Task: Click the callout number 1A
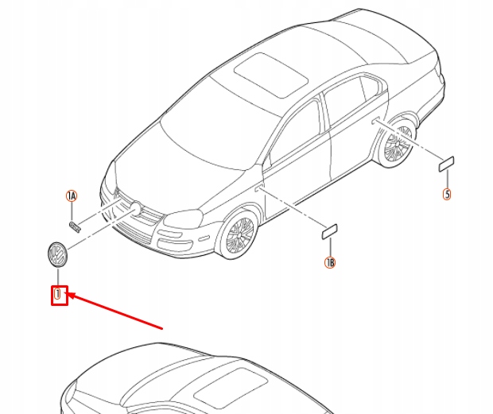(72, 195)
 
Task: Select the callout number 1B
(330, 262)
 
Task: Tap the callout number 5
(447, 194)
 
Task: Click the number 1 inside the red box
(57, 294)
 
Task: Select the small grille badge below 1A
(75, 226)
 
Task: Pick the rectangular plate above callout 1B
(329, 232)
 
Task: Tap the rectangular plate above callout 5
(446, 164)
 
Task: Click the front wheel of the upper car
(239, 234)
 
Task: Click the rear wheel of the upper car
(397, 144)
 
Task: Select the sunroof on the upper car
(270, 75)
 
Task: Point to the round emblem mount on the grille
(136, 207)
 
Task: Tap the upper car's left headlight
(184, 219)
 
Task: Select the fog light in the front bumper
(204, 238)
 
